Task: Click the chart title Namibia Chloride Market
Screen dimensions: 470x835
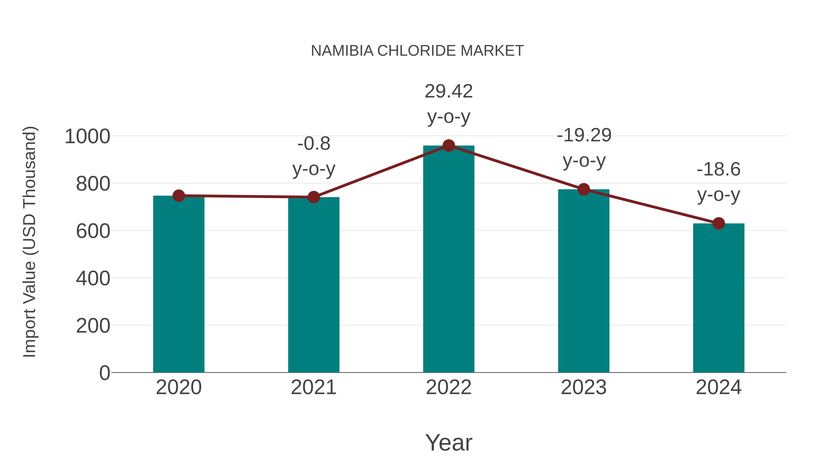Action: [x=417, y=51]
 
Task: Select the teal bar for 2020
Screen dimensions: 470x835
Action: [x=179, y=285]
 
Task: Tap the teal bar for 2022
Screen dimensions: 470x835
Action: [x=449, y=259]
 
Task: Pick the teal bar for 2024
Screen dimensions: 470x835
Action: [x=719, y=298]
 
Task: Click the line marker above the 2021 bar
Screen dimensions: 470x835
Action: [x=313, y=197]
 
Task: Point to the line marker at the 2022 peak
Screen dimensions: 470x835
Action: [x=449, y=146]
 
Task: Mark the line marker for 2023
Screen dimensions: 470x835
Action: [x=584, y=189]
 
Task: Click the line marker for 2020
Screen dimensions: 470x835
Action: [x=179, y=196]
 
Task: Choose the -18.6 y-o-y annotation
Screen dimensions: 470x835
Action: [x=719, y=182]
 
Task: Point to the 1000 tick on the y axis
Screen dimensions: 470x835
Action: [x=87, y=136]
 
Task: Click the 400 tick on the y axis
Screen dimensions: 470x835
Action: [x=93, y=278]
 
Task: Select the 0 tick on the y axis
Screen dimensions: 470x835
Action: [x=105, y=373]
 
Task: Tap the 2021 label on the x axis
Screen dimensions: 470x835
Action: [x=313, y=387]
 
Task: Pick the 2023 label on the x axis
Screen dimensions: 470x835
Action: [x=584, y=387]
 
